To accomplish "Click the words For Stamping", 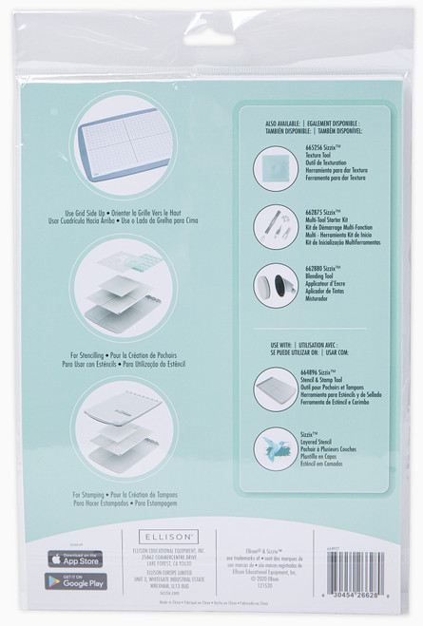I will tap(87, 496).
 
